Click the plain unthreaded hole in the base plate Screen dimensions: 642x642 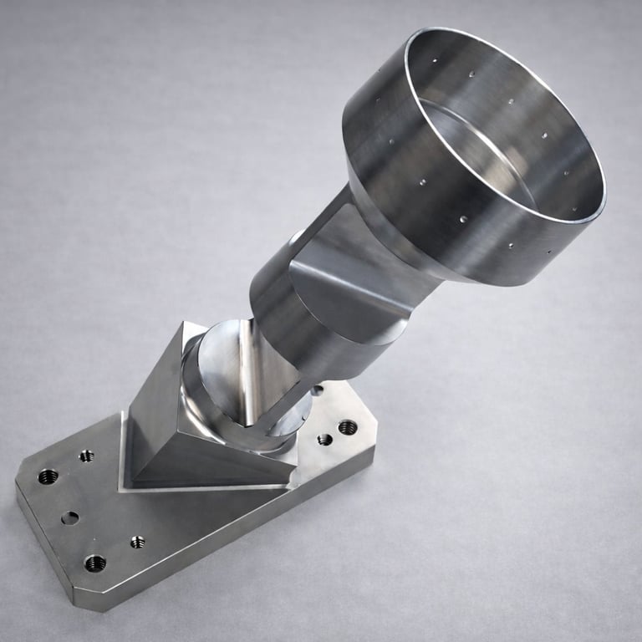point(70,518)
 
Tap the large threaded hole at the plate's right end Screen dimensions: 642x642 point(348,427)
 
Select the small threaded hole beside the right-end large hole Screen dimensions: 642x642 point(325,439)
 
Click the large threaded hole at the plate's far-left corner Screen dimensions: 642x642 point(48,476)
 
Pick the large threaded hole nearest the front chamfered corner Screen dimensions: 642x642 point(95,563)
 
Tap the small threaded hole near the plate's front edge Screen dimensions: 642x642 point(137,542)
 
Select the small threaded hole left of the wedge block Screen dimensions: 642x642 point(86,456)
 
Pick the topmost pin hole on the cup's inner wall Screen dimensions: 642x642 point(435,61)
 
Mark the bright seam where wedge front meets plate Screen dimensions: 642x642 point(209,487)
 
